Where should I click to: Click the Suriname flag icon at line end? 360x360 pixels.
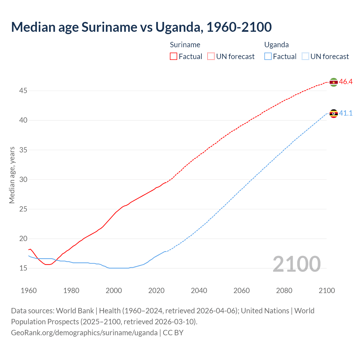(334, 82)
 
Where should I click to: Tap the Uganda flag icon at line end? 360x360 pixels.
(334, 114)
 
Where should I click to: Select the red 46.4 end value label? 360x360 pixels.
(346, 82)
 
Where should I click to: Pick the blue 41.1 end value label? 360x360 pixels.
(346, 113)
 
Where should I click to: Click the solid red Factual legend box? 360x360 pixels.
(174, 57)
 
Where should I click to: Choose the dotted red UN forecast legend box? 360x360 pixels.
(211, 57)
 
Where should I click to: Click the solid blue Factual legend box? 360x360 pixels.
(268, 57)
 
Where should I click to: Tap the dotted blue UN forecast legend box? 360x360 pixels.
(305, 57)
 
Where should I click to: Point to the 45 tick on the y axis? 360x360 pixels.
(23, 91)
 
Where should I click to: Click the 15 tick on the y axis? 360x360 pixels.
(23, 268)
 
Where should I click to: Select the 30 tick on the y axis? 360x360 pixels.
(23, 179)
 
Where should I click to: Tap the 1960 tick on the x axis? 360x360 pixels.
(29, 291)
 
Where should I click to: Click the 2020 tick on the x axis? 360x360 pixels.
(156, 291)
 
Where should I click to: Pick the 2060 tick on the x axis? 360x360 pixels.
(242, 291)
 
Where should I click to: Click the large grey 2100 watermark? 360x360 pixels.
(296, 264)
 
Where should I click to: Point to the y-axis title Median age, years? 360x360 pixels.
(12, 175)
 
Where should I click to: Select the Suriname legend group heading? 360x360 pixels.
(185, 45)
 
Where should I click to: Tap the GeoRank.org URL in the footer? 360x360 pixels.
(84, 333)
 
